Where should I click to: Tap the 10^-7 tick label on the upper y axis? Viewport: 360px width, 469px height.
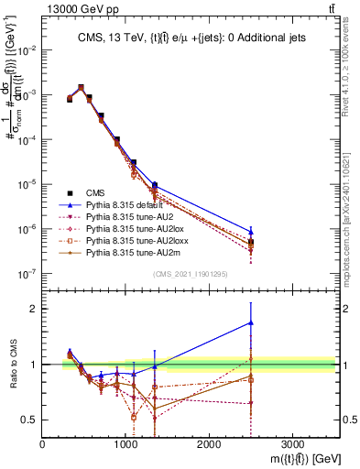click(27, 273)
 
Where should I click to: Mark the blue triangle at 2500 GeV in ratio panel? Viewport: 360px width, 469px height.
click(251, 322)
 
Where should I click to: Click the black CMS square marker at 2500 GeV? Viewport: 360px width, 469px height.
click(251, 242)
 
